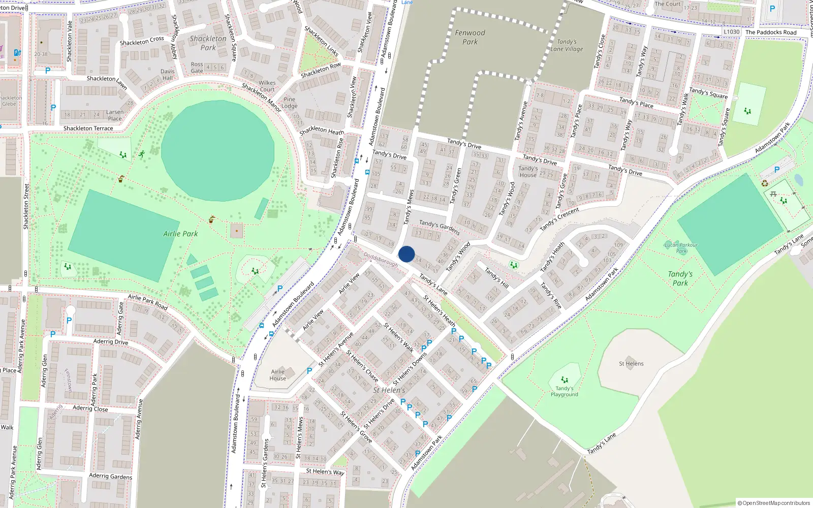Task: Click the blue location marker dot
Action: tap(407, 254)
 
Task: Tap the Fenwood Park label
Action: tap(470, 37)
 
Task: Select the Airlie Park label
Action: tap(180, 234)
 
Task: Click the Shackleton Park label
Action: tap(208, 43)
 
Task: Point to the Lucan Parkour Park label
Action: tap(681, 248)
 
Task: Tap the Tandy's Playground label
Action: tap(564, 391)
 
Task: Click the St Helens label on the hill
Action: tap(631, 364)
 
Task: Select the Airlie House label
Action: tap(277, 375)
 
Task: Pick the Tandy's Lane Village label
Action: tap(567, 45)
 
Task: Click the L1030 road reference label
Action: tap(731, 31)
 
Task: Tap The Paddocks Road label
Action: tap(771, 33)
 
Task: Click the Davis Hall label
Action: tap(167, 75)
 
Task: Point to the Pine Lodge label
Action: tap(290, 103)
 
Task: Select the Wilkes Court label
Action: tap(267, 86)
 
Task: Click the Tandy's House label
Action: tap(528, 172)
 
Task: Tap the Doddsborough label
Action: tap(381, 260)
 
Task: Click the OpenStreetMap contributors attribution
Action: tap(774, 503)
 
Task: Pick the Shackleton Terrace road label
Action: tap(88, 129)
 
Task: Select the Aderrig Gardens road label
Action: tap(110, 476)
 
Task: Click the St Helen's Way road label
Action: tap(325, 471)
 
